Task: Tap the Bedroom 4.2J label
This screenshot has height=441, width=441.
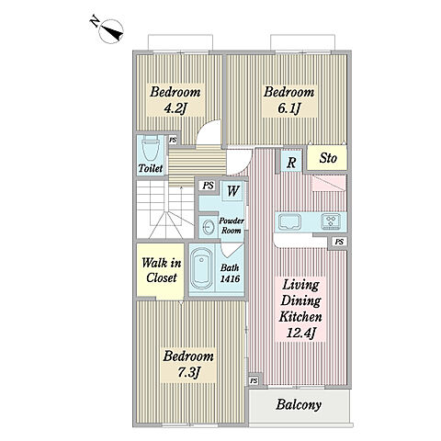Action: pyautogui.click(x=175, y=100)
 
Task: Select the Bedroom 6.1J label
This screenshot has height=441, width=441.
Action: pyautogui.click(x=289, y=100)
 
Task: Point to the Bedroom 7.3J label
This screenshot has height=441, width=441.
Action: pyautogui.click(x=188, y=365)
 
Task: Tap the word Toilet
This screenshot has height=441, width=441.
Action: pyautogui.click(x=150, y=168)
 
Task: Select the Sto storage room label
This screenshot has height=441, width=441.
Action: pyautogui.click(x=328, y=158)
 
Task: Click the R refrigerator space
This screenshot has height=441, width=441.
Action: pyautogui.click(x=291, y=163)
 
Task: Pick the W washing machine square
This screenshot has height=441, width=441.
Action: pyautogui.click(x=232, y=191)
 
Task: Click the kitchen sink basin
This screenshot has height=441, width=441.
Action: pyautogui.click(x=289, y=221)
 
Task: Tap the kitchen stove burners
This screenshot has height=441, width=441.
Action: pyautogui.click(x=331, y=221)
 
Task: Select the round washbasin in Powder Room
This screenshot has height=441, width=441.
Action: pyautogui.click(x=209, y=227)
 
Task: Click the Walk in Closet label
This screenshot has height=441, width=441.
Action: pyautogui.click(x=161, y=270)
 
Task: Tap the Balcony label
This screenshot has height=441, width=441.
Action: pyautogui.click(x=299, y=404)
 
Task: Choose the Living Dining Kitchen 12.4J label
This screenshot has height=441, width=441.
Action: pyautogui.click(x=300, y=309)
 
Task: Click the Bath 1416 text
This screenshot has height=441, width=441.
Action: pyautogui.click(x=230, y=273)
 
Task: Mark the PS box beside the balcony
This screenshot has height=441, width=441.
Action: pyautogui.click(x=254, y=381)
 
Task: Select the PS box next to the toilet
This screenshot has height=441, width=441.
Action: pyautogui.click(x=173, y=140)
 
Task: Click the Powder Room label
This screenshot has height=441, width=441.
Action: pyautogui.click(x=232, y=226)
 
